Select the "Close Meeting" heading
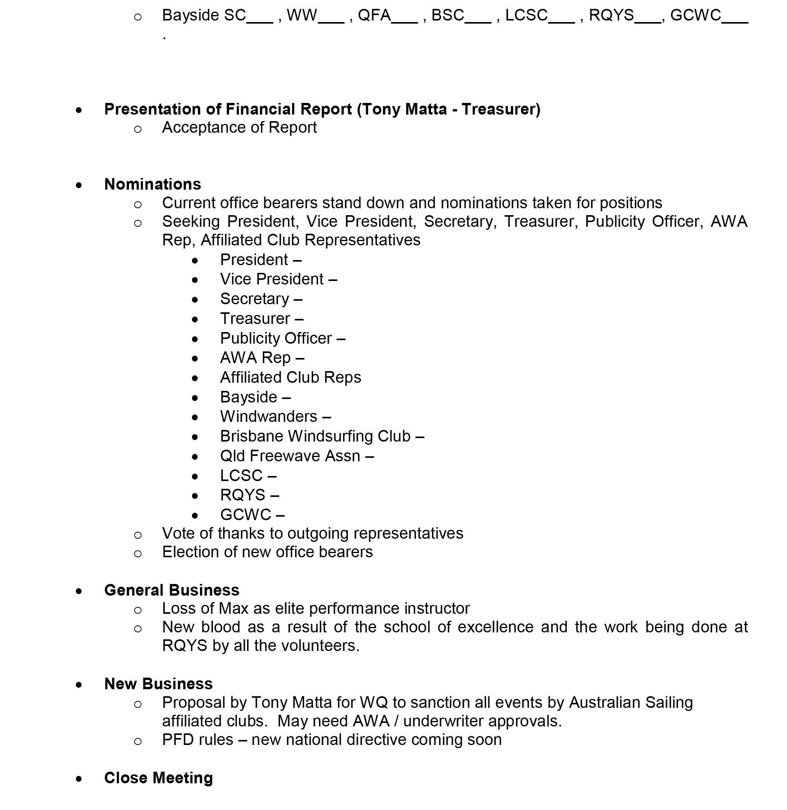tap(158, 778)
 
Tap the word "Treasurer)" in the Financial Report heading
tap(501, 109)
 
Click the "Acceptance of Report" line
tap(240, 127)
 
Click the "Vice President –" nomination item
tap(278, 279)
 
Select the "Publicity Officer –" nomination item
tap(282, 338)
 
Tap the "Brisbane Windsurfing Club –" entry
tap(322, 436)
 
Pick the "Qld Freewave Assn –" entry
tap(297, 456)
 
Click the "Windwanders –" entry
tap(275, 416)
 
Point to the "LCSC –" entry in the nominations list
tap(248, 476)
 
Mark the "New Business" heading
tap(158, 684)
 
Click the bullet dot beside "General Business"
tap(79, 591)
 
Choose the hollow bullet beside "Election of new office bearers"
tap(138, 553)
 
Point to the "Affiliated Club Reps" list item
tap(290, 377)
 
